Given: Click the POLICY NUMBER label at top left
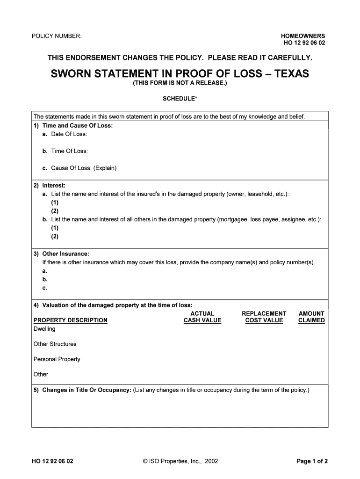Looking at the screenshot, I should [57, 36].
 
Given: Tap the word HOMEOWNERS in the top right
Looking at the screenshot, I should [302, 36].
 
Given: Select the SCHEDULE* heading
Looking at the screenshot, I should [180, 99].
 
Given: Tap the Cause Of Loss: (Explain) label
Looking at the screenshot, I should [80, 168].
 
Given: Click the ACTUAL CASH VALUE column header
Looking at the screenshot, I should [202, 317].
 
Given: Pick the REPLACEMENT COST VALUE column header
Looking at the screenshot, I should [264, 317].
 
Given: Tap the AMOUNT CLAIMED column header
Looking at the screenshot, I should [311, 317].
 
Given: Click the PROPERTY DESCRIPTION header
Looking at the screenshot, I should [71, 320].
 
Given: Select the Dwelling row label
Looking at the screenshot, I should [44, 329].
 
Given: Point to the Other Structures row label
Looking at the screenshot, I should [55, 344].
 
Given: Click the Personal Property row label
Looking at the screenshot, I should [57, 359].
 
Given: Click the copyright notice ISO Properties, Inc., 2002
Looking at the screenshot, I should [180, 461].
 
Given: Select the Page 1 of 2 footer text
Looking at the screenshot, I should [312, 461].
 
